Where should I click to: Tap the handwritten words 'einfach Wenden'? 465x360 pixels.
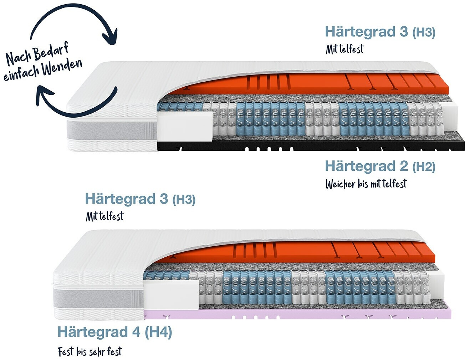[x=43, y=70]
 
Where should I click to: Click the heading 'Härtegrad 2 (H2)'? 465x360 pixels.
[x=380, y=166]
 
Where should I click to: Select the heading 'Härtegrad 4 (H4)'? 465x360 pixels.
[x=114, y=332]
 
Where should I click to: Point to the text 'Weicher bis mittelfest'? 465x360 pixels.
[x=366, y=184]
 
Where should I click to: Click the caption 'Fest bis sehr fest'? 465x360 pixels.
[x=90, y=352]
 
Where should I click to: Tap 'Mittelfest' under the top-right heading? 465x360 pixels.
[x=344, y=49]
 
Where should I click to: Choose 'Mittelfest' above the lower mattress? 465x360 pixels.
[x=104, y=216]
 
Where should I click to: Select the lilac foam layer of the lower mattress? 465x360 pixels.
[x=303, y=314]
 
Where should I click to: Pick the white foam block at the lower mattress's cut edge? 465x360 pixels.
[x=171, y=293]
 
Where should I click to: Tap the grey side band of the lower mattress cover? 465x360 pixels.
[x=98, y=297]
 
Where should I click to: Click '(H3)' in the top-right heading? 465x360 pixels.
[x=424, y=33]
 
